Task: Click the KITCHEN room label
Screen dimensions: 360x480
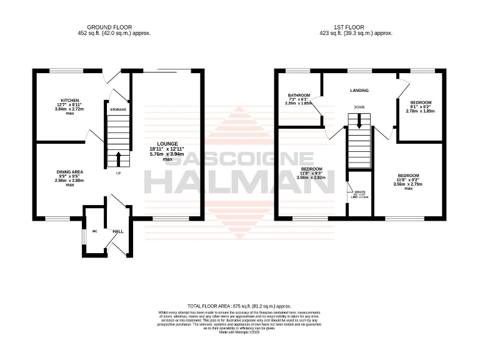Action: point(69,100)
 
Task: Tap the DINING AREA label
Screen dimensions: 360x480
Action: point(69,172)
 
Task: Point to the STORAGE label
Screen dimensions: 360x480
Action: point(118,110)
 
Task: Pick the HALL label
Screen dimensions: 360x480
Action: point(118,231)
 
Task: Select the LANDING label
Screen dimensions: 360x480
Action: point(359,91)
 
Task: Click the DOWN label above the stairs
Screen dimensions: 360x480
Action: point(359,107)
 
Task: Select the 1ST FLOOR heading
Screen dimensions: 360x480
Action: point(356,27)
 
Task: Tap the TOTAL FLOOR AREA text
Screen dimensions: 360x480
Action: point(239,307)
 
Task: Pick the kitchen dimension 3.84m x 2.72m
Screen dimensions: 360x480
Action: point(69,109)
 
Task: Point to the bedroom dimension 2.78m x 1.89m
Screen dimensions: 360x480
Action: point(421,111)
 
